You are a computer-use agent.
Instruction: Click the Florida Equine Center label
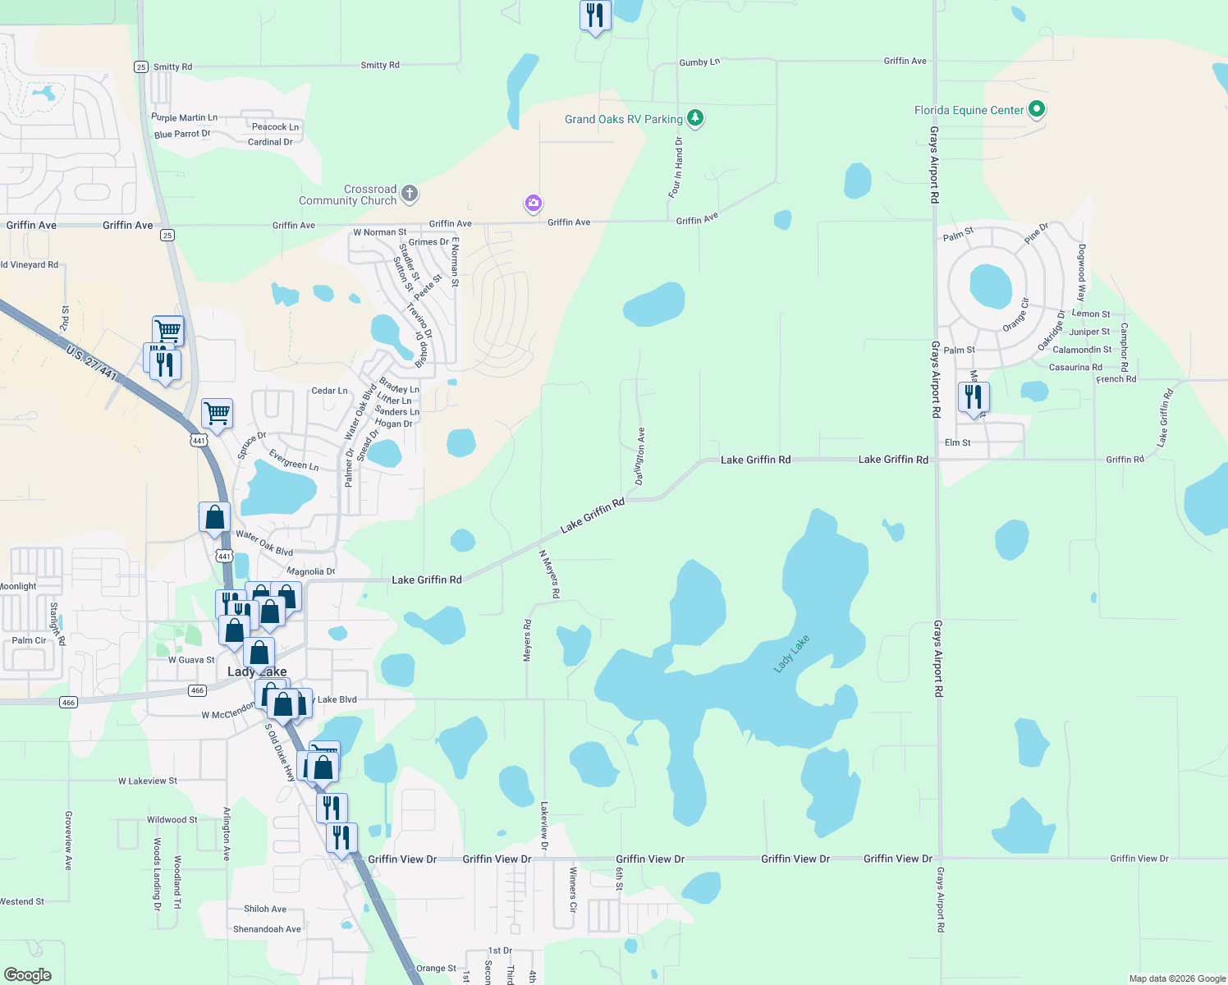[x=969, y=110]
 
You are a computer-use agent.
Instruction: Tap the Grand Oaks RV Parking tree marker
[x=695, y=118]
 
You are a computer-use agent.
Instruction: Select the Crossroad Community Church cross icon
[x=410, y=195]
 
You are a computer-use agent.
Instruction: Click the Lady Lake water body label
[x=791, y=653]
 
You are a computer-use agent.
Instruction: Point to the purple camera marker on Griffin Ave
[x=534, y=203]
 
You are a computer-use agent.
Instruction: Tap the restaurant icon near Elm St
[x=973, y=397]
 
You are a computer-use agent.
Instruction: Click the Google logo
[x=27, y=974]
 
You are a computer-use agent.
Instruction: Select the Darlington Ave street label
[x=640, y=456]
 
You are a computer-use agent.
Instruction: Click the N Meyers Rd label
[x=549, y=574]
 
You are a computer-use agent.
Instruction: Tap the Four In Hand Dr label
[x=676, y=168]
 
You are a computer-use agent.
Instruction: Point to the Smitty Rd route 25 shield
[x=141, y=67]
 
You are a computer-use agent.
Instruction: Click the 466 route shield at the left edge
[x=68, y=702]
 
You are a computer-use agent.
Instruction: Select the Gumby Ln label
[x=699, y=62]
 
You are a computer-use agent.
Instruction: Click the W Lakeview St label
[x=148, y=781]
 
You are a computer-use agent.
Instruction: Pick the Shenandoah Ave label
[x=267, y=929]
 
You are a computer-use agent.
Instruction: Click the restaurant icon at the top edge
[x=594, y=16]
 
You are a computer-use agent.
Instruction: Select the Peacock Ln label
[x=275, y=126]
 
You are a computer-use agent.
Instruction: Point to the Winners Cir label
[x=573, y=890]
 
